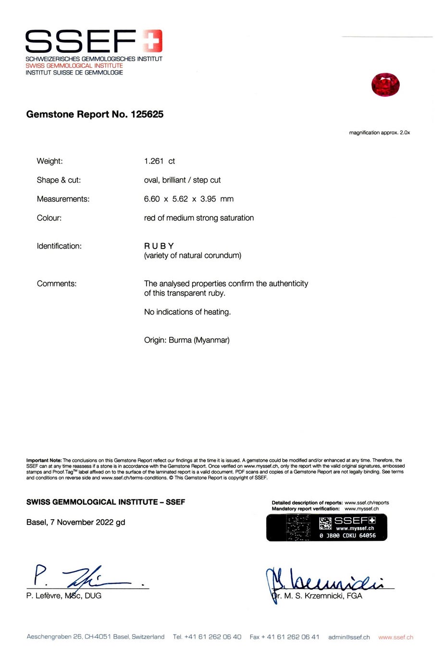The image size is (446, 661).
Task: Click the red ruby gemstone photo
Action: [385, 85]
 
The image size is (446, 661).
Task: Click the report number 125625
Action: [147, 114]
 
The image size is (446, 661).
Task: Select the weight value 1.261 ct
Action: [159, 161]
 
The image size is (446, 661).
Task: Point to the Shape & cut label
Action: [59, 180]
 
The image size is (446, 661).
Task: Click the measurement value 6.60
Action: [152, 199]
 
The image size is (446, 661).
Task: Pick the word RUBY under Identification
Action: [159, 246]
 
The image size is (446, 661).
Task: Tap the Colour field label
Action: [49, 218]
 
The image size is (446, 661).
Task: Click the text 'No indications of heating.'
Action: [187, 312]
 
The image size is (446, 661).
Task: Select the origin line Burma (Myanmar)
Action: [187, 340]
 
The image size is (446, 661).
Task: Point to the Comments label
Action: [56, 284]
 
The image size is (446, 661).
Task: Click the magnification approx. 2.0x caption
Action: [379, 133]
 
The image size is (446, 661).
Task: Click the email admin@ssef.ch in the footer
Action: [349, 637]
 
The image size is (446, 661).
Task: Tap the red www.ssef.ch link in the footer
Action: [396, 637]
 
